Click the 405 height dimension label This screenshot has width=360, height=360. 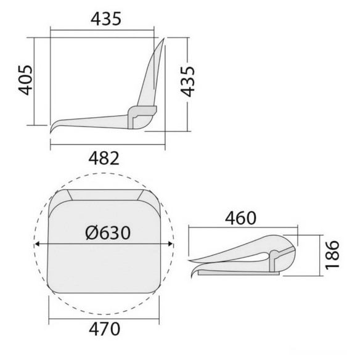click(x=25, y=80)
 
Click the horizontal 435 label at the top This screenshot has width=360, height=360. click(x=106, y=19)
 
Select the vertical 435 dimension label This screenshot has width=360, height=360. click(x=187, y=81)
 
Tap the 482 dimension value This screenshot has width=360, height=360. click(x=104, y=158)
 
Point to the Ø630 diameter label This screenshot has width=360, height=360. click(x=108, y=233)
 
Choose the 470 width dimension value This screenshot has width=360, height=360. click(x=104, y=329)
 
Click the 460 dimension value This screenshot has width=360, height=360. click(x=240, y=218)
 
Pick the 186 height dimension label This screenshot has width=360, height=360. click(x=332, y=255)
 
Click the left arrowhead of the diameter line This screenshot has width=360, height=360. click(x=37, y=244)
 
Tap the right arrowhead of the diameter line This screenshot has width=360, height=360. click(x=170, y=244)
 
